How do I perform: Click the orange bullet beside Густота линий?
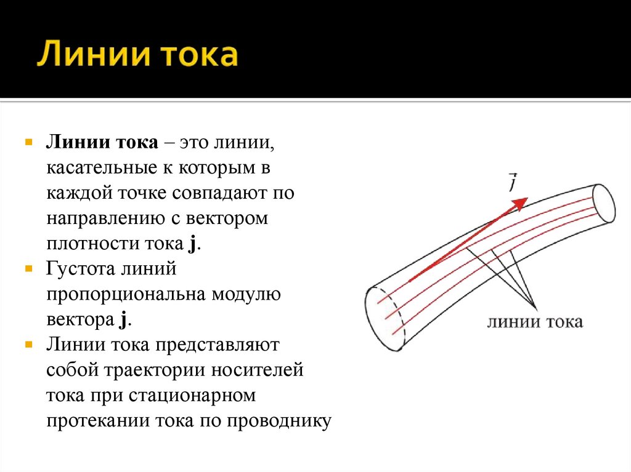pyautogui.click(x=29, y=269)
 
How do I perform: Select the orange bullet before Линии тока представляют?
pyautogui.click(x=29, y=345)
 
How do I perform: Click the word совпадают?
pyautogui.click(x=219, y=194)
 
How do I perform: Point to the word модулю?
pyautogui.click(x=246, y=294)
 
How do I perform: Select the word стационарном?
pyautogui.click(x=192, y=396)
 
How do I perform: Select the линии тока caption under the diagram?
pyautogui.click(x=534, y=322)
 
